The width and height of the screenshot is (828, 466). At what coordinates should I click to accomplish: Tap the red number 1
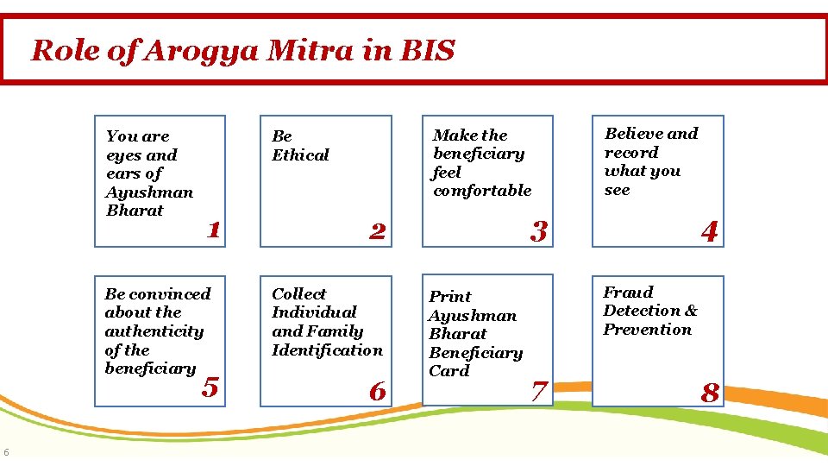click(x=214, y=230)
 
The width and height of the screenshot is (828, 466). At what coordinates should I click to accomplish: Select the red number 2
click(x=377, y=230)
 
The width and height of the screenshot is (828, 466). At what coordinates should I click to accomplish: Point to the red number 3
click(x=539, y=230)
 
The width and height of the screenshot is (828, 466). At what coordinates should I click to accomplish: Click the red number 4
click(x=709, y=230)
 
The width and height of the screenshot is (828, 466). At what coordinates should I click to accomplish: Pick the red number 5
click(x=210, y=387)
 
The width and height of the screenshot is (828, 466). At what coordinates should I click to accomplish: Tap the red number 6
click(x=377, y=391)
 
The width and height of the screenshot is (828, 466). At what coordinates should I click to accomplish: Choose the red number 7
click(x=539, y=391)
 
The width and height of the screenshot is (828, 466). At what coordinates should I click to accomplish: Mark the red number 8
click(x=709, y=393)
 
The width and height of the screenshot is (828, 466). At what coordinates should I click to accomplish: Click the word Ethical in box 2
click(x=300, y=155)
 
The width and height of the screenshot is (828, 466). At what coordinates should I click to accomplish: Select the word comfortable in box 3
click(x=482, y=191)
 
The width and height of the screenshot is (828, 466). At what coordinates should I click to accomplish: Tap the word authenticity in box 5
click(x=154, y=331)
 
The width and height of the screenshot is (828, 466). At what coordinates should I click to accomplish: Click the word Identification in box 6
click(x=327, y=349)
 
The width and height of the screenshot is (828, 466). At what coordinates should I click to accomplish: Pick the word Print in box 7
click(x=450, y=296)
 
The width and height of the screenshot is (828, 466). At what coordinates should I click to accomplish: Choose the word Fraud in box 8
click(x=628, y=293)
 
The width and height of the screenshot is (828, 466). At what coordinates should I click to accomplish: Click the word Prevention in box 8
click(x=648, y=330)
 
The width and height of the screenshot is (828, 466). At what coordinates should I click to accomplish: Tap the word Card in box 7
click(x=448, y=371)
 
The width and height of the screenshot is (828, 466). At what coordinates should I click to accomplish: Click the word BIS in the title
click(x=427, y=51)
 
